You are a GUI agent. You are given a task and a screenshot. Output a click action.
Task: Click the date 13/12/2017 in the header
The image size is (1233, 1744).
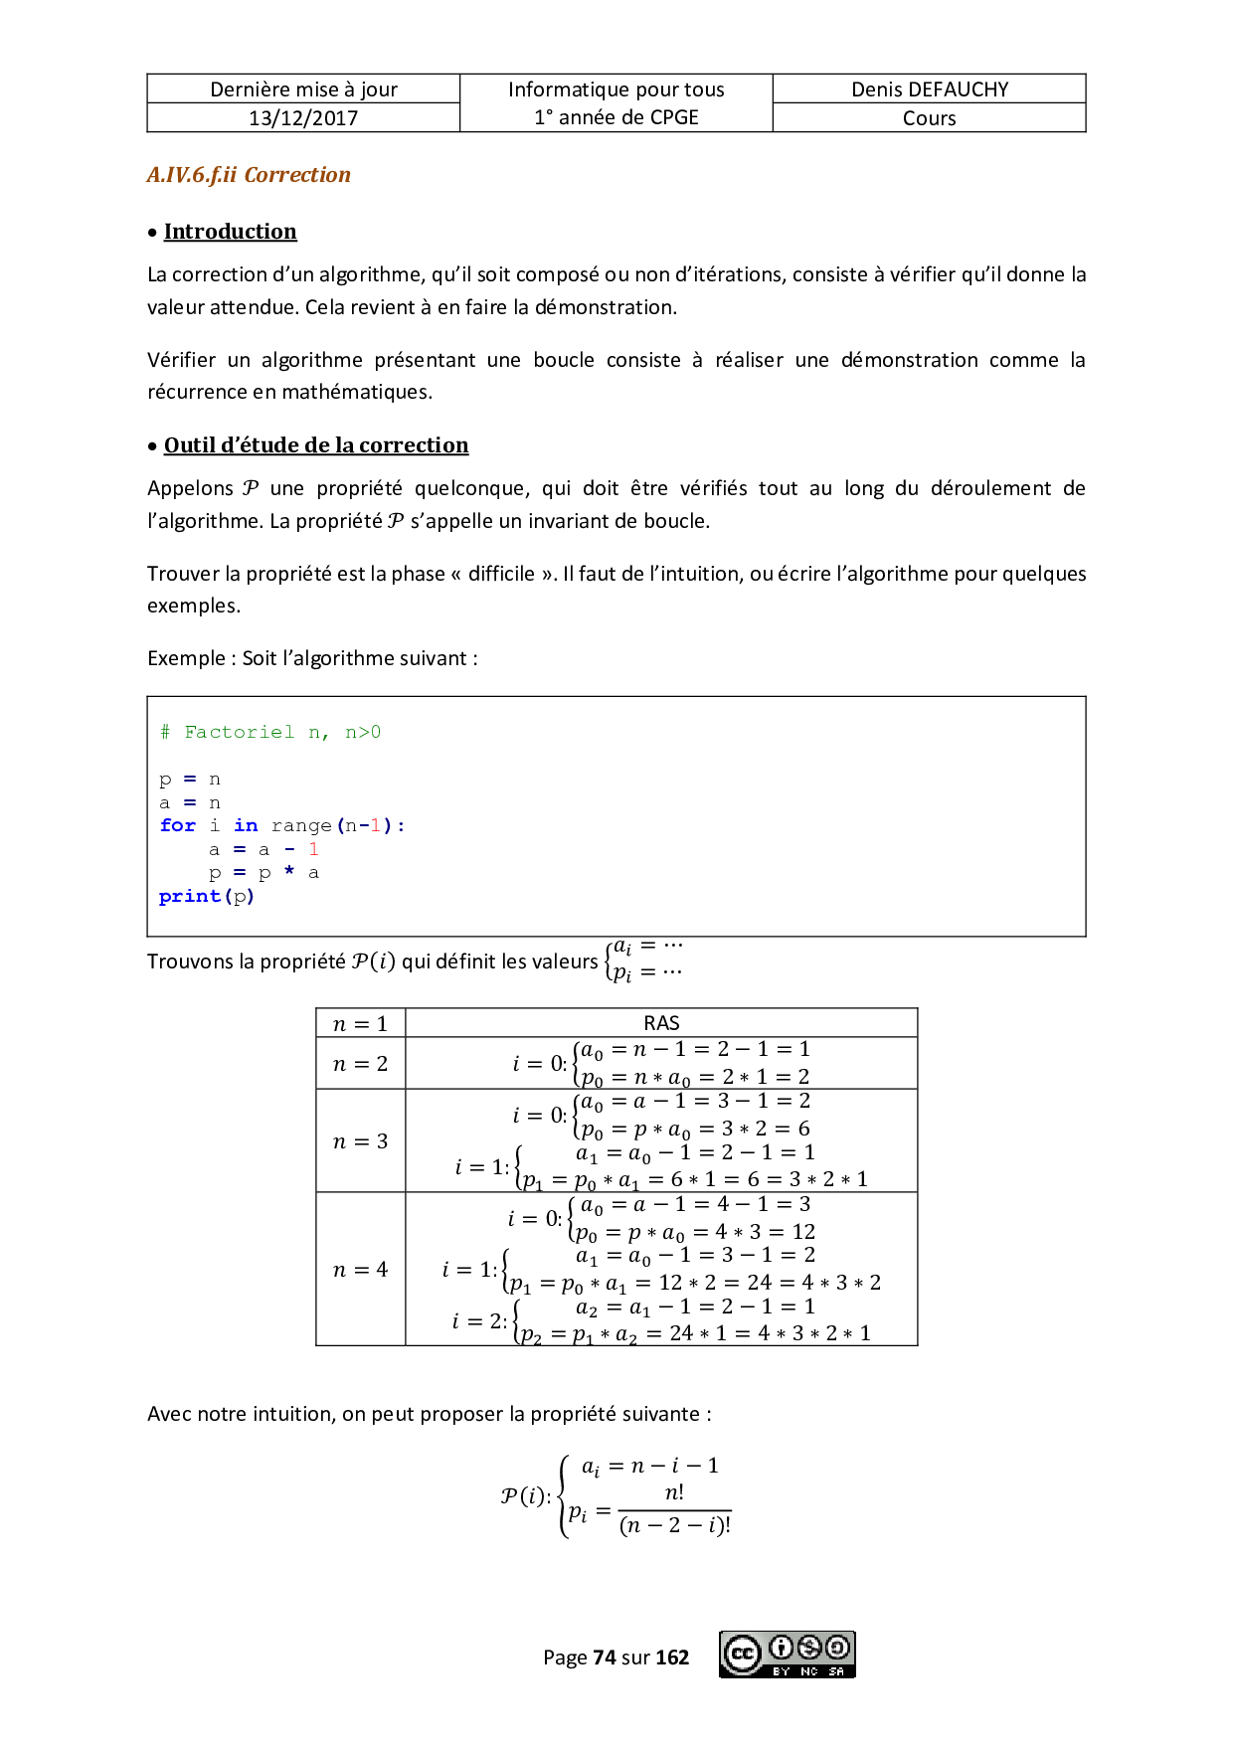pyautogui.click(x=303, y=117)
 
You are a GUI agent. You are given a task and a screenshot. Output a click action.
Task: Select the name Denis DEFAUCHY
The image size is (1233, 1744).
pyautogui.click(x=929, y=89)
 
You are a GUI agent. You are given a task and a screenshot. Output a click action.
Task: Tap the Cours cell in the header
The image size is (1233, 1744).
pyautogui.click(x=929, y=118)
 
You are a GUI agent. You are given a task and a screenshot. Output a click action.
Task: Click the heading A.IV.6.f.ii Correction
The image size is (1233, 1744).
pyautogui.click(x=249, y=175)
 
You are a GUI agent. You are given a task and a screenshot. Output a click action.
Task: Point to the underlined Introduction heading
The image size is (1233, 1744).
pyautogui.click(x=230, y=232)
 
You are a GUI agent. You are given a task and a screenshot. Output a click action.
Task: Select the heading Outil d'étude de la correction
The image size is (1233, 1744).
pyautogui.click(x=315, y=445)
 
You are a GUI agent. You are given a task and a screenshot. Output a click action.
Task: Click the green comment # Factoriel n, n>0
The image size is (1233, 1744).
pyautogui.click(x=270, y=732)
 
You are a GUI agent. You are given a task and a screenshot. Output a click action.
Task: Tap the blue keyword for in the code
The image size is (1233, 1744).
pyautogui.click(x=178, y=825)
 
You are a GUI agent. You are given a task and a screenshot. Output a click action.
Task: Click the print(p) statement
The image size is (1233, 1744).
pyautogui.click(x=207, y=896)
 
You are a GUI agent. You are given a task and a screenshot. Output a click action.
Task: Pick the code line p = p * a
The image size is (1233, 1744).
pyautogui.click(x=264, y=873)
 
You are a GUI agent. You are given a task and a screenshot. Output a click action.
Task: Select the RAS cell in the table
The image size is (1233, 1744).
pyautogui.click(x=661, y=1023)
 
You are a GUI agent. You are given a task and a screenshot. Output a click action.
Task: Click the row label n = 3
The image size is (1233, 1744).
pyautogui.click(x=360, y=1141)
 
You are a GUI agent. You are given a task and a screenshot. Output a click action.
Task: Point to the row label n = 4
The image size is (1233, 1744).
pyautogui.click(x=360, y=1270)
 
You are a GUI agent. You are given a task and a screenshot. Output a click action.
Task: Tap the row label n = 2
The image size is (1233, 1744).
pyautogui.click(x=360, y=1064)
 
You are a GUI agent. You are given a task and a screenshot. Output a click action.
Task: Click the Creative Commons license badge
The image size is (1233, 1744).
pyautogui.click(x=787, y=1655)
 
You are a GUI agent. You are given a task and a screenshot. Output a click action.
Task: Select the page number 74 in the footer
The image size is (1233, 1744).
pyautogui.click(x=604, y=1657)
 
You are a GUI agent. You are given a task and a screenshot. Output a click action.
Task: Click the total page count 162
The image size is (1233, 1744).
pyautogui.click(x=672, y=1657)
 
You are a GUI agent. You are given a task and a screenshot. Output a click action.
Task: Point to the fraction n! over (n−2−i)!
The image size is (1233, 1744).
pyautogui.click(x=674, y=1509)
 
